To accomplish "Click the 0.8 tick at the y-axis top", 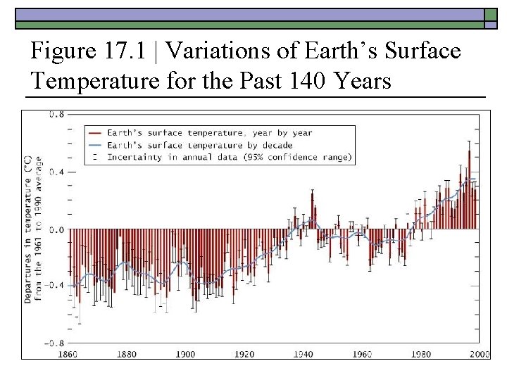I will tap(56, 114).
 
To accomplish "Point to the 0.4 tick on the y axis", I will tap(56, 172).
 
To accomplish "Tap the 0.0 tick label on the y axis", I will tap(56, 229).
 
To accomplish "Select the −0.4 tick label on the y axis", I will tap(54, 285).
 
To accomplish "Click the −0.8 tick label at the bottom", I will tap(54, 343).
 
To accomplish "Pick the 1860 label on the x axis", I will tap(68, 354).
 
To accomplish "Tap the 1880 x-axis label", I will tap(127, 354).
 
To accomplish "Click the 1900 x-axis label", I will tap(186, 354).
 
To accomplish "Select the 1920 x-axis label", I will tap(244, 354).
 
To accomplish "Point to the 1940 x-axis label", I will tap(303, 354).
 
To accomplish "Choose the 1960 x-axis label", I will tap(363, 354).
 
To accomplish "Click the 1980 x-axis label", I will tap(421, 354).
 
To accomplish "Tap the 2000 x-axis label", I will tap(480, 354).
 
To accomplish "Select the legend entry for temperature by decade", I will tap(205, 145).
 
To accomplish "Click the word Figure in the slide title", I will tap(64, 51).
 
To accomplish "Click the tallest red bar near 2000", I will tap(469, 186).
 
